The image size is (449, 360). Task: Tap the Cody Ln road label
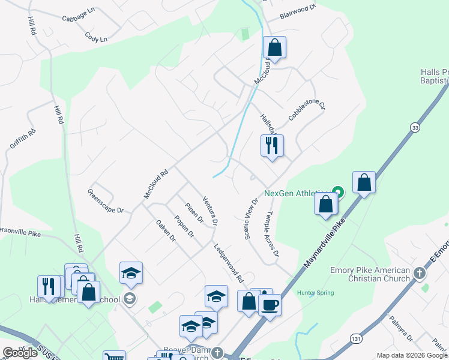coord(96,39)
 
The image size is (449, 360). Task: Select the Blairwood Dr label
coord(298,10)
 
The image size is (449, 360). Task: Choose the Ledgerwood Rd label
coord(229,263)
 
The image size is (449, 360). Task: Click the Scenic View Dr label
coord(250,218)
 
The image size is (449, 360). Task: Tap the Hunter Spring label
coord(315,293)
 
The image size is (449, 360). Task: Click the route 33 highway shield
coord(414,127)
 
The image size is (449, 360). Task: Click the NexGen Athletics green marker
coord(337,193)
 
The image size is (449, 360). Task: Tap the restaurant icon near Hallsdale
coord(272,145)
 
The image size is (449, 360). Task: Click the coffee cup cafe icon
coord(270,304)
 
